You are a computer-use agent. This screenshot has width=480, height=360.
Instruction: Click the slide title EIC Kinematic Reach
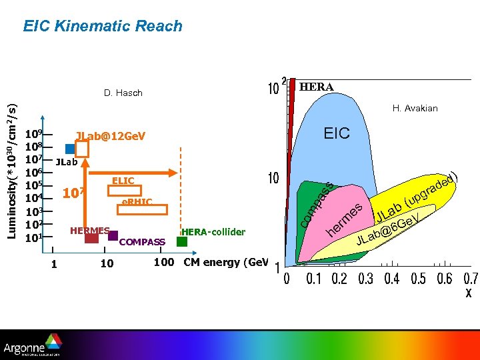tap(103, 26)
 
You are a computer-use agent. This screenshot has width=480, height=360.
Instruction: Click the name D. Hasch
tap(123, 93)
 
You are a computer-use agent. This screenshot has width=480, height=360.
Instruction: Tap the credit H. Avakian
tap(415, 108)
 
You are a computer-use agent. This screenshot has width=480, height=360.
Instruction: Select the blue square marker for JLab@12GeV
tap(70, 149)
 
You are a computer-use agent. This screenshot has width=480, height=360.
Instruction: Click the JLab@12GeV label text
tap(111, 136)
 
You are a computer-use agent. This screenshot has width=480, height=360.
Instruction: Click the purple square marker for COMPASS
tap(113, 235)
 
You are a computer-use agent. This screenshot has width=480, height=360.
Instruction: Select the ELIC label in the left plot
tap(123, 181)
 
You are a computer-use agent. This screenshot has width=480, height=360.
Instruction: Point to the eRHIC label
tap(137, 201)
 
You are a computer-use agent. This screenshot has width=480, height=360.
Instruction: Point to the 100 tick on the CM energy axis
tap(164, 262)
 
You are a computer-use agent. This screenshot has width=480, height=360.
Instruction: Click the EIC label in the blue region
tap(337, 133)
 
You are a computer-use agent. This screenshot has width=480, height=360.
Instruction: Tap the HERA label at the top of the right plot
tap(317, 87)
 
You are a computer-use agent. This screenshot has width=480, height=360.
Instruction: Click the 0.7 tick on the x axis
tap(471, 278)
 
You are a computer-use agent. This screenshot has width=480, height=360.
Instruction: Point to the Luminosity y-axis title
tap(12, 163)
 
